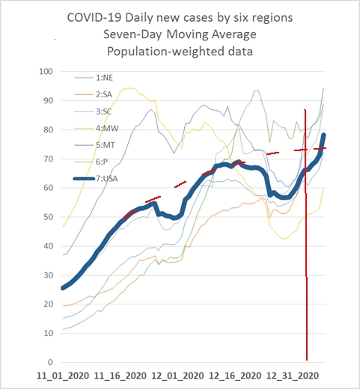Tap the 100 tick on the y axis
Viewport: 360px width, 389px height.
pos(46,72)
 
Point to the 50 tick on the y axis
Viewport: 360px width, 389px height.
pos(48,217)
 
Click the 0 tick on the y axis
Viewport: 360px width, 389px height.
pos(50,362)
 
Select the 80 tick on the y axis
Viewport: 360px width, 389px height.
pos(48,129)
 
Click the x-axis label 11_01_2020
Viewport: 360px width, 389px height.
pos(63,376)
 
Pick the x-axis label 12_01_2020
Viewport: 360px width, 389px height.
pos(177,376)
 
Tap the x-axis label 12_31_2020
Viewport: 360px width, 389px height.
pos(293,376)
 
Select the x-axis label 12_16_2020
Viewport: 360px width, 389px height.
pos(235,376)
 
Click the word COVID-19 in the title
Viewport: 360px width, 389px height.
pos(94,18)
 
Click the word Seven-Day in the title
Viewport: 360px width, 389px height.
pos(132,34)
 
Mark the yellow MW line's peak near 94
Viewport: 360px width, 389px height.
pos(129,88)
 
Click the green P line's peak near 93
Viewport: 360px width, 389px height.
pos(257,91)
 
